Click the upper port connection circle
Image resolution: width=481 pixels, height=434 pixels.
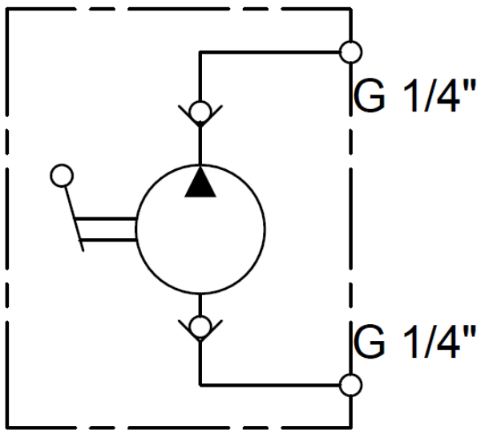click(350, 52)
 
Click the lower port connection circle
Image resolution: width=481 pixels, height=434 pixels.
click(350, 384)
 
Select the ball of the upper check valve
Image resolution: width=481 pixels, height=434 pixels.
click(200, 111)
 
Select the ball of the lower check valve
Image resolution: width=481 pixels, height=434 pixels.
click(200, 325)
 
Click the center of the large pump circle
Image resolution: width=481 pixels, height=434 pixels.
click(200, 229)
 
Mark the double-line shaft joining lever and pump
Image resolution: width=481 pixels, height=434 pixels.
click(108, 229)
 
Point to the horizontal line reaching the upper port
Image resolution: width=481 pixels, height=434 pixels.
click(273, 52)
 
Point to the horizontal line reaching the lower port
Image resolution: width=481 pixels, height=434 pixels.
click(273, 384)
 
